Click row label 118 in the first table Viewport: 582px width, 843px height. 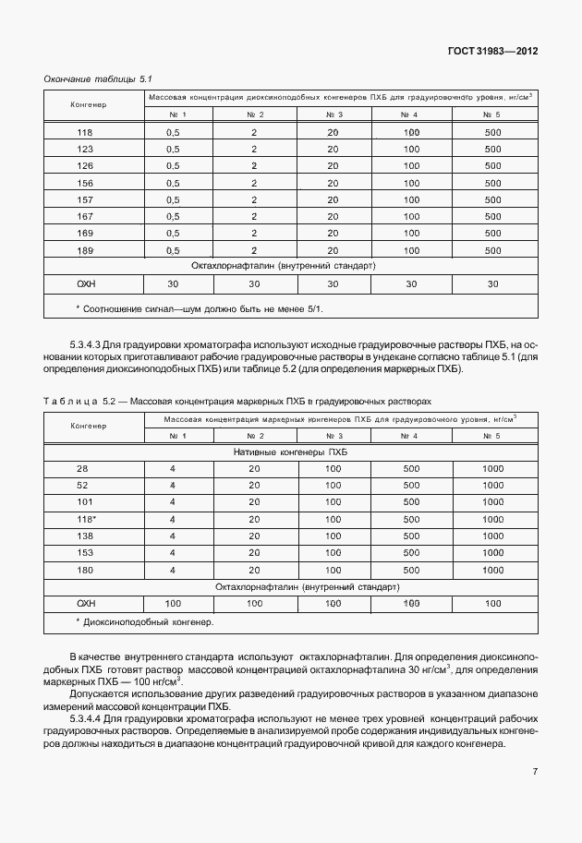click(x=85, y=132)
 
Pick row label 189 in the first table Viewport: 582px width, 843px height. click(x=85, y=249)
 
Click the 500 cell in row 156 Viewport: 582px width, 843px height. click(x=491, y=183)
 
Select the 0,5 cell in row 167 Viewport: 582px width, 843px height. click(x=172, y=216)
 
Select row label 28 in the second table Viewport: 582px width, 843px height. click(x=82, y=469)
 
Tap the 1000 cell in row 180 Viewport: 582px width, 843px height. click(x=491, y=569)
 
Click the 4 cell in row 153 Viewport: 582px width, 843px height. click(x=172, y=552)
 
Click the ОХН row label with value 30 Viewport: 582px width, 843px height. click(x=86, y=283)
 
